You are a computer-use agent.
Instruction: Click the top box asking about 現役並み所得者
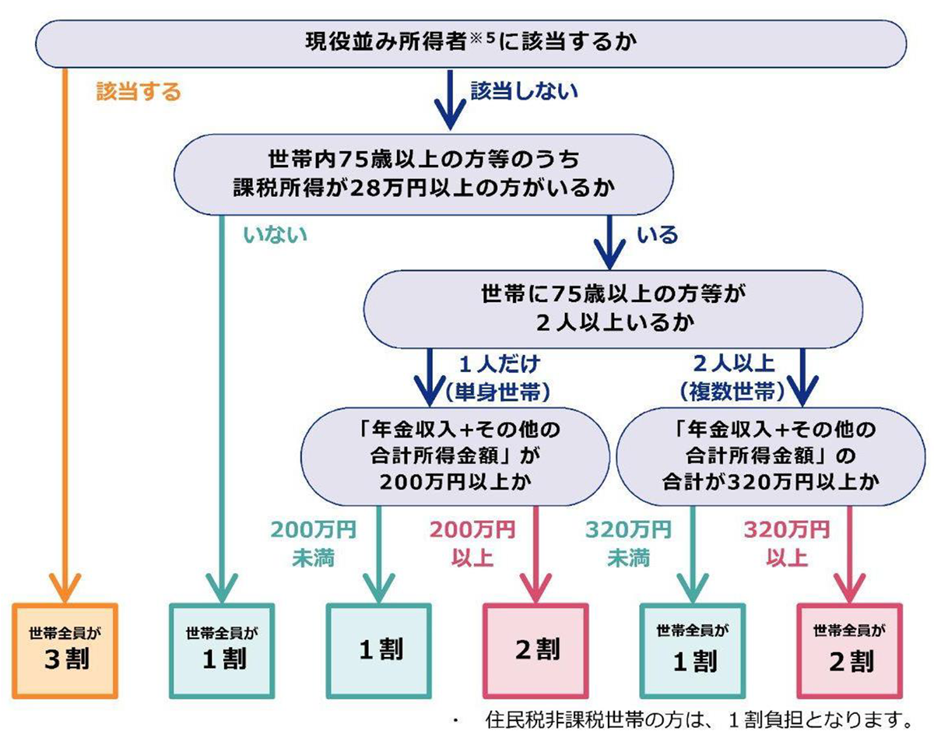pos(471,44)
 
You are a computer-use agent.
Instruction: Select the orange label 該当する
pos(138,92)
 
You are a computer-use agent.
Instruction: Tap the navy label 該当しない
pos(525,91)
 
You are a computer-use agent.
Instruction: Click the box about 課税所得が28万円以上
pos(423,174)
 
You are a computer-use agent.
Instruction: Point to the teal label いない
pos(275,235)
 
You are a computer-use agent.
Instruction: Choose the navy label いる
pos(657,235)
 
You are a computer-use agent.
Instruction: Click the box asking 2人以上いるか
pos(613,309)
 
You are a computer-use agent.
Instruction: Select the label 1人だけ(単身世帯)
pos(498,378)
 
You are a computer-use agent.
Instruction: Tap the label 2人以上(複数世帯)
pos(732,378)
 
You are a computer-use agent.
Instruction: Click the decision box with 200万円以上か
pos(455,456)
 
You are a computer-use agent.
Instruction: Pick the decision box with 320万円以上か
pos(771,456)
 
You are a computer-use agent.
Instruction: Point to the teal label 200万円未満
pos(314,543)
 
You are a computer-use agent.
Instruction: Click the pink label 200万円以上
pos(472,543)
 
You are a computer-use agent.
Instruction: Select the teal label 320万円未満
pos(628,543)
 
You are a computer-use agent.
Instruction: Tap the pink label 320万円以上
pos(786,543)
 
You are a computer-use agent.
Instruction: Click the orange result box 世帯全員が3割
pos(65,651)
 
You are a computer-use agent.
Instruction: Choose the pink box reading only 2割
pos(536,651)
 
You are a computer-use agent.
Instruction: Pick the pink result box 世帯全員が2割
pos(850,651)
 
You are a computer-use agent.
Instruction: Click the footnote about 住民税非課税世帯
pos(699,720)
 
